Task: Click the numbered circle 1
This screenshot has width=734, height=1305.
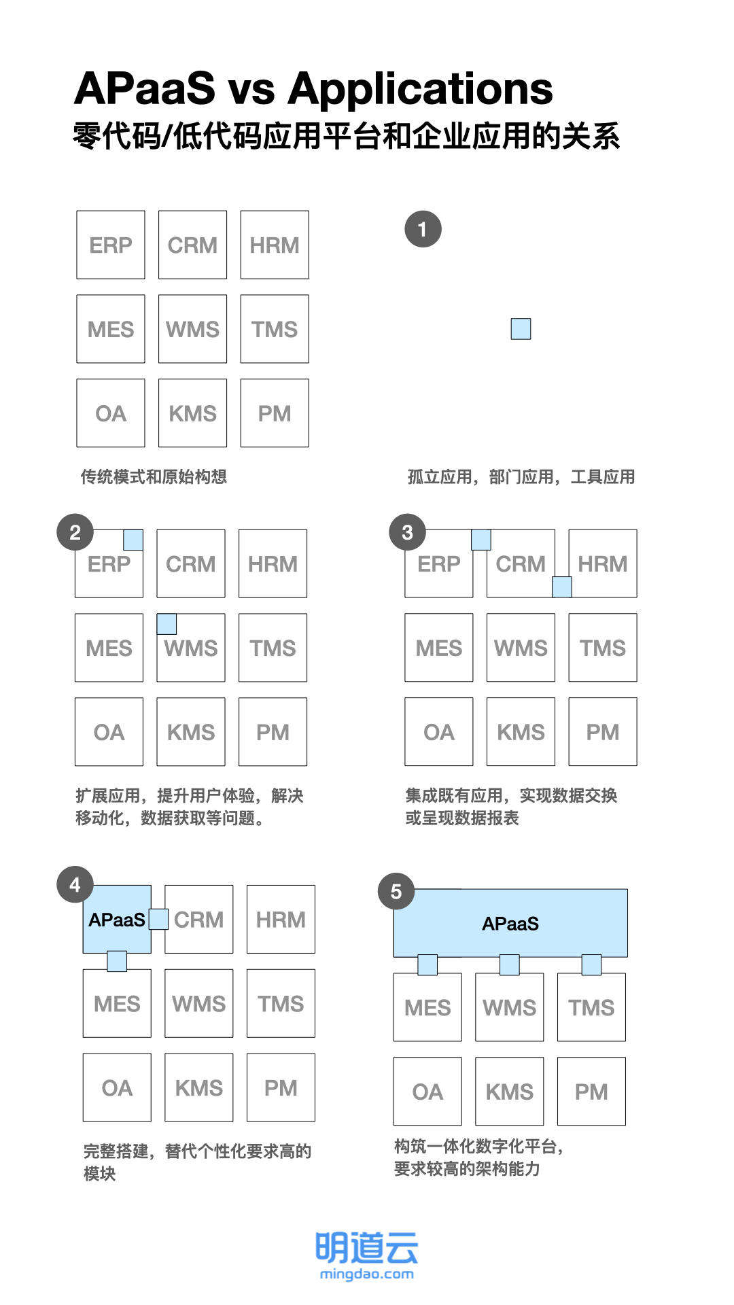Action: point(423,229)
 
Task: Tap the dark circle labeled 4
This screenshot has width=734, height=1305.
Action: point(75,884)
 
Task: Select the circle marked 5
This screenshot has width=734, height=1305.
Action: point(396,891)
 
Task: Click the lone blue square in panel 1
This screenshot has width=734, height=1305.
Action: point(521,329)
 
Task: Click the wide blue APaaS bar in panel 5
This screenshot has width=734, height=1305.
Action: point(510,923)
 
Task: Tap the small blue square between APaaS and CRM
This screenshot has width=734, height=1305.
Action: point(158,919)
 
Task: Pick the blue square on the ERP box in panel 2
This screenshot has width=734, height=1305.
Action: point(133,540)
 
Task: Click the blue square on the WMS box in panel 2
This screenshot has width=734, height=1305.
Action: point(167,624)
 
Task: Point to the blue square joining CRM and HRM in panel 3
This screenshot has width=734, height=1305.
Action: point(561,587)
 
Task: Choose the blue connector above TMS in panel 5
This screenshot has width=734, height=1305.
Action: point(591,964)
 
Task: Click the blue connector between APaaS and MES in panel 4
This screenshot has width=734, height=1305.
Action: point(117,961)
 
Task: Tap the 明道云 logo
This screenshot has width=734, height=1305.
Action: point(366,1248)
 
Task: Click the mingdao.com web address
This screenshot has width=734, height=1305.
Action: point(366,1274)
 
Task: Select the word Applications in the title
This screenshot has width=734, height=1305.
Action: point(421,89)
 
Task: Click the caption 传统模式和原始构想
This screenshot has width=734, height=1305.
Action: point(154,476)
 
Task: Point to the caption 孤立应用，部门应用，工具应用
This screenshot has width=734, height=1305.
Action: point(521,476)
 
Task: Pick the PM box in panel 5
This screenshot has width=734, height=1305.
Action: point(591,1091)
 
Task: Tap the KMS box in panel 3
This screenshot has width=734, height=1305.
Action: point(521,731)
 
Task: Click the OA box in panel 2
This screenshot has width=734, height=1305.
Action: point(109,731)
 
